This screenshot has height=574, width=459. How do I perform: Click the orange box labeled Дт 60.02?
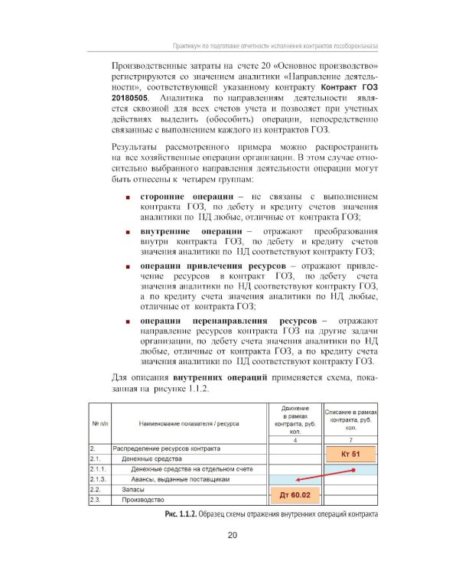tap(294, 494)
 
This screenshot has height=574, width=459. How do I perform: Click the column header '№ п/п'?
tap(99, 422)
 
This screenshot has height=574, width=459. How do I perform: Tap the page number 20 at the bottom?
tap(232, 534)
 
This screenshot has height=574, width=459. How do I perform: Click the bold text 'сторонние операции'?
tap(188, 198)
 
